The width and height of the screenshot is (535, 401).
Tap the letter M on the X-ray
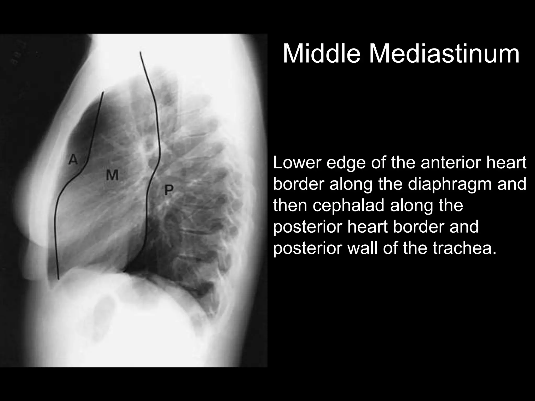pos(112,175)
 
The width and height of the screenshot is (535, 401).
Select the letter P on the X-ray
pos(169,190)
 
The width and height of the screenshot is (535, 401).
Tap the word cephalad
pos(348,205)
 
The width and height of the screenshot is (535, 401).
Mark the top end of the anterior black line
pos(103,92)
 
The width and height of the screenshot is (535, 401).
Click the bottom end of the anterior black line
pos(59,279)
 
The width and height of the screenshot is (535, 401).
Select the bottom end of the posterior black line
pos(125,272)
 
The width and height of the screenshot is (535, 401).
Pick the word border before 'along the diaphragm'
pos(299,184)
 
